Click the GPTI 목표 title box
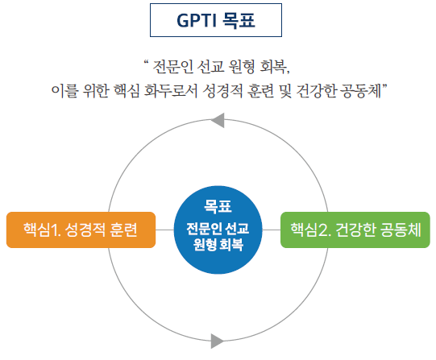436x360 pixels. (216, 20)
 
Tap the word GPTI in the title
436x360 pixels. (197, 21)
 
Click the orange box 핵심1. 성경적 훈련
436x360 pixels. (81, 230)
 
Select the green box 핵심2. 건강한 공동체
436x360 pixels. (355, 230)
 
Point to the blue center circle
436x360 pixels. (218, 230)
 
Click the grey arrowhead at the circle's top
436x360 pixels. (218, 120)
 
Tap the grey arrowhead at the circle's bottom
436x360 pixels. (218, 341)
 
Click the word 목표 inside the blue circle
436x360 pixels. (218, 206)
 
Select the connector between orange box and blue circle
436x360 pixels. (164, 230)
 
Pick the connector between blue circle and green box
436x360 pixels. (272, 230)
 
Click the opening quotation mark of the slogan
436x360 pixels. (146, 62)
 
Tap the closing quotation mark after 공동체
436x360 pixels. (385, 85)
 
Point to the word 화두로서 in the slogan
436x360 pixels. (171, 90)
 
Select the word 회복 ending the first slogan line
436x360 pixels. (275, 67)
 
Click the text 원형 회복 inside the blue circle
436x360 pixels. (218, 245)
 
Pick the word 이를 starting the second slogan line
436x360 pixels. (64, 90)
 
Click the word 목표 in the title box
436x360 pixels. (239, 21)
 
